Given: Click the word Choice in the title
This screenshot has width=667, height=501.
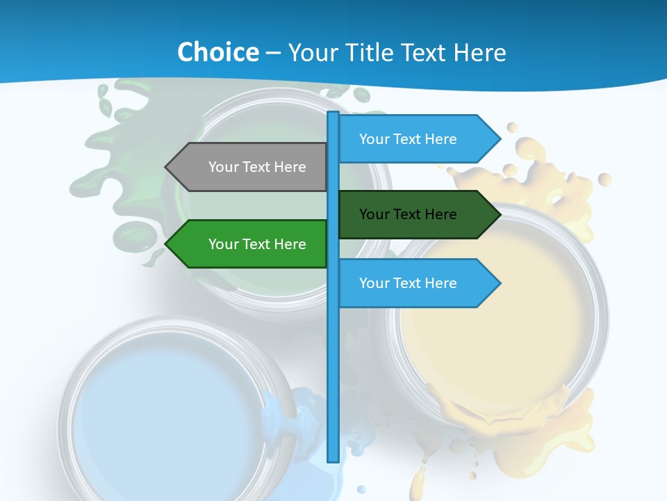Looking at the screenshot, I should (217, 52).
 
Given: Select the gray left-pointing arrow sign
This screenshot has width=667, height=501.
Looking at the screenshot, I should (250, 167).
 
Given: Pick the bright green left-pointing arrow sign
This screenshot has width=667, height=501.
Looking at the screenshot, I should (250, 244).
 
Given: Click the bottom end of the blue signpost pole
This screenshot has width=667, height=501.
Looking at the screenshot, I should (333, 459).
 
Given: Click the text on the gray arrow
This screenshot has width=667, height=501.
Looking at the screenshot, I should (257, 167).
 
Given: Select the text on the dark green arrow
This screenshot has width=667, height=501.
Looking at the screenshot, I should (408, 214).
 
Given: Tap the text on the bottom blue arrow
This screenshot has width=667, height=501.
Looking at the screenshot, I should (408, 283).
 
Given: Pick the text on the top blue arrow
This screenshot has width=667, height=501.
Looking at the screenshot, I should (408, 139).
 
